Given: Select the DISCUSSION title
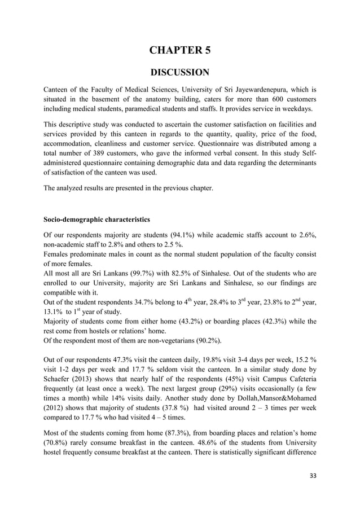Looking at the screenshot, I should (179, 72).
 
